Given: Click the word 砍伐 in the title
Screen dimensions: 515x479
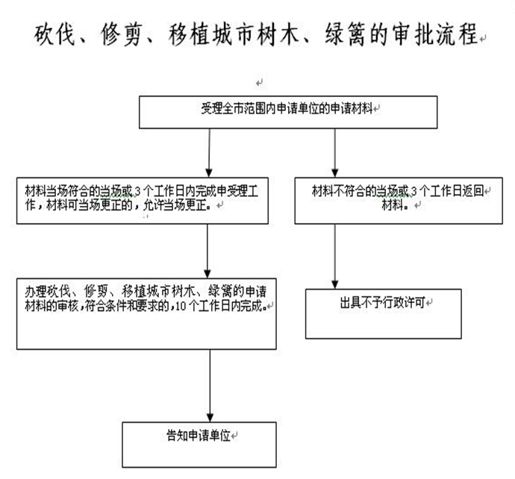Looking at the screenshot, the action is click(54, 34).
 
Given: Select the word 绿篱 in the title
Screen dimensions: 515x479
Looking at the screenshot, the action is click(344, 34).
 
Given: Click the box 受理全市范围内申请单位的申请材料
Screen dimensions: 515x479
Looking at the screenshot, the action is click(288, 112).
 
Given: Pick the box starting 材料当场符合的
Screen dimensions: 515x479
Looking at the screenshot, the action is click(143, 201).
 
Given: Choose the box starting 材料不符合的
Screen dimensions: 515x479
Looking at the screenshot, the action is click(399, 201).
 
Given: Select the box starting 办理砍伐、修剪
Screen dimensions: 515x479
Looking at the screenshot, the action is click(146, 314).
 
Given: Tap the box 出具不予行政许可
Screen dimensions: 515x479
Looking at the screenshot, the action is click(384, 314).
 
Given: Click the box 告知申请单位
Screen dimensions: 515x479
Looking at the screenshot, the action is click(199, 445).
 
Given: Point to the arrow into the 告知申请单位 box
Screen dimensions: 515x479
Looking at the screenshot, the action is click(210, 386).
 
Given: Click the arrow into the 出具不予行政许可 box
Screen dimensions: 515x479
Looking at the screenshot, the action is click(335, 257).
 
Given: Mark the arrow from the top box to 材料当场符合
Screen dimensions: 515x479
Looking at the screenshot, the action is click(209, 153).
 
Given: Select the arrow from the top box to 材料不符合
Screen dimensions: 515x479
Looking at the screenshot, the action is click(334, 153).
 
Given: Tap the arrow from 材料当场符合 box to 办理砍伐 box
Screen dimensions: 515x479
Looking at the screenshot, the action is click(207, 251).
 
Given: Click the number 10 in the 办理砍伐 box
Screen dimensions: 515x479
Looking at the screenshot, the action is click(181, 307).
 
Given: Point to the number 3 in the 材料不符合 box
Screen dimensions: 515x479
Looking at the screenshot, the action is click(413, 191).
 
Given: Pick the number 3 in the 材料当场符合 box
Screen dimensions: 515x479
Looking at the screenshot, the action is click(137, 191).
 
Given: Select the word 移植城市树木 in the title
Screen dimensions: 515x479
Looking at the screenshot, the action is click(234, 34).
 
